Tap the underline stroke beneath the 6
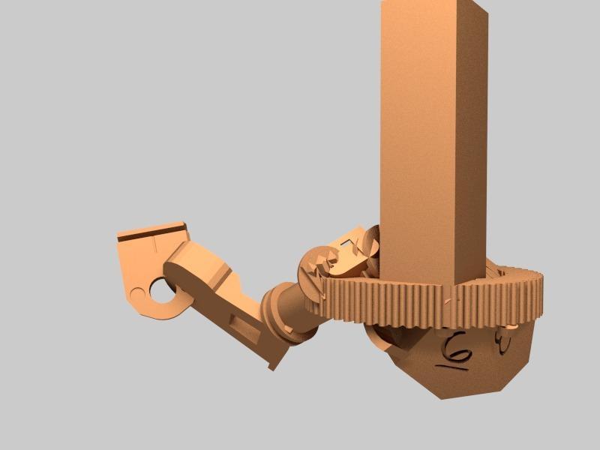pyautogui.click(x=451, y=368)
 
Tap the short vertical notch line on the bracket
pyautogui.click(x=151, y=244)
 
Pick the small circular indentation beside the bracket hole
pyautogui.click(x=136, y=292)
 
